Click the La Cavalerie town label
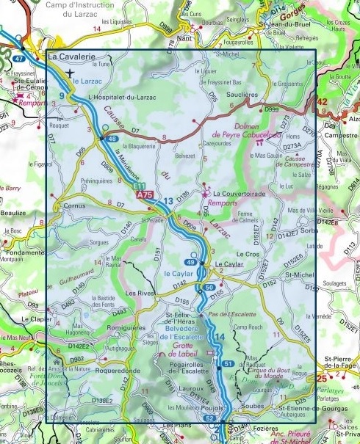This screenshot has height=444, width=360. [x=72, y=56]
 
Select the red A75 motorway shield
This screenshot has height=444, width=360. [x=145, y=195]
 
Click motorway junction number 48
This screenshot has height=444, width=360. [x=112, y=139]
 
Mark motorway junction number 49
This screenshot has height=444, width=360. [x=190, y=263]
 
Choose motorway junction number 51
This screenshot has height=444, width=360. [x=228, y=364]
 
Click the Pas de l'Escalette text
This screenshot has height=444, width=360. [x=228, y=314]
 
